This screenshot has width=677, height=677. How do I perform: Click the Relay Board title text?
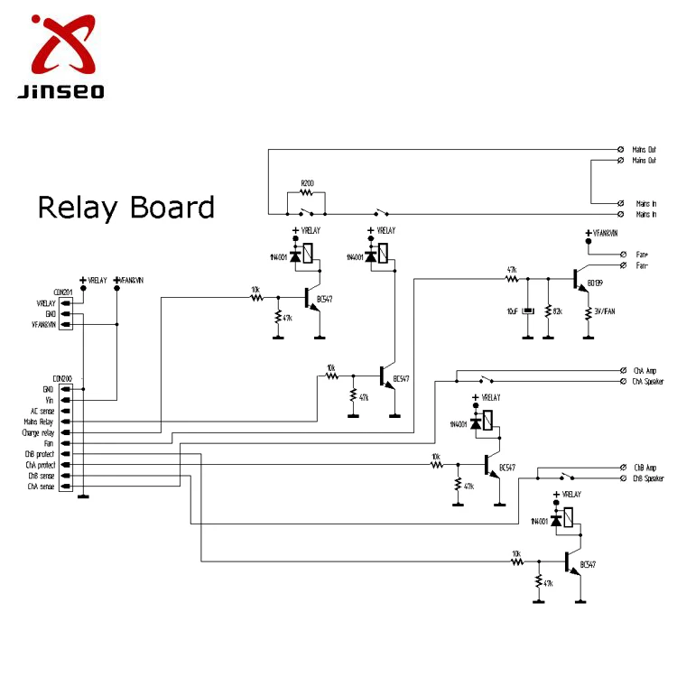tap(125, 208)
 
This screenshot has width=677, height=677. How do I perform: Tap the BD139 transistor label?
tap(595, 283)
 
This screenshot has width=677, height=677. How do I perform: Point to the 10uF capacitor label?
tap(513, 311)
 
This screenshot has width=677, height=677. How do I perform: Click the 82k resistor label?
tap(557, 311)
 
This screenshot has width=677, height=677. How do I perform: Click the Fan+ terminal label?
tap(643, 255)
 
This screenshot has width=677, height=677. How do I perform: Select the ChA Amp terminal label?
tap(645, 370)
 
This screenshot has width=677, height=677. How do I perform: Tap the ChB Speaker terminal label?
tap(648, 478)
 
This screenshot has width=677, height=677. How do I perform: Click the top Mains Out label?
tap(645, 149)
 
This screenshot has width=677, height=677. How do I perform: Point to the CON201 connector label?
tap(62, 292)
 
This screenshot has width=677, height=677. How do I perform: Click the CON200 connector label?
tap(62, 378)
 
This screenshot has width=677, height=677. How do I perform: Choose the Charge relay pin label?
tap(38, 432)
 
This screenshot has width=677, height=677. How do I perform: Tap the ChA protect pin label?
tap(40, 465)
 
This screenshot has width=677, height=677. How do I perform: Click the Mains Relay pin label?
tap(40, 422)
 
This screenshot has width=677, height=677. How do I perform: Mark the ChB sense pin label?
tap(42, 476)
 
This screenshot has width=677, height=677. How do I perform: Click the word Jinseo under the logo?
tap(60, 91)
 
